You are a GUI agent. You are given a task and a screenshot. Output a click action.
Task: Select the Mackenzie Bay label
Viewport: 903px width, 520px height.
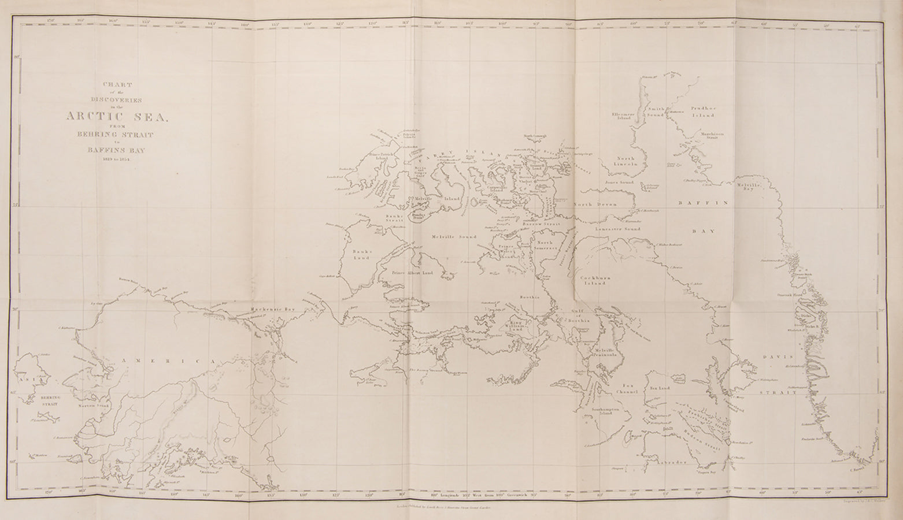272,310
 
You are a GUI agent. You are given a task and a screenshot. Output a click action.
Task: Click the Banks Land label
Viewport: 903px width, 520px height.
363,255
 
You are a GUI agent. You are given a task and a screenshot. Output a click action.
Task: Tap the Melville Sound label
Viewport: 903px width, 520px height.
454,237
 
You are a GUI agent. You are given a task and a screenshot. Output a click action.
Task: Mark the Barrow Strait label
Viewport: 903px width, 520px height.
539,223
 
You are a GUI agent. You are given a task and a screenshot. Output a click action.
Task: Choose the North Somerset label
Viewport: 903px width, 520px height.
547,246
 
